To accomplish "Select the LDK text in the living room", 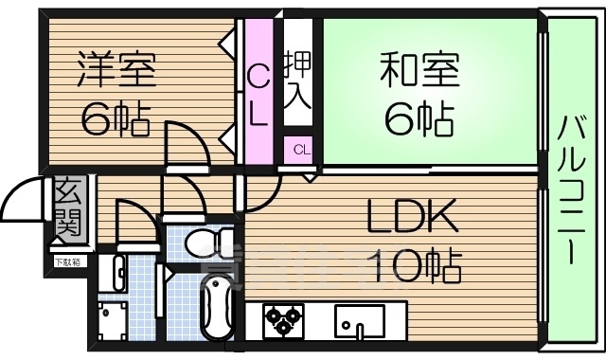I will pos(413,219).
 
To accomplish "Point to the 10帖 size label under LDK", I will pos(417,264).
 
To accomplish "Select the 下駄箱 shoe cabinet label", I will pos(67,261).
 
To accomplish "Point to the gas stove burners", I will pos(281,319).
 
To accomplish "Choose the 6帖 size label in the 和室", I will pos(419,118).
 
